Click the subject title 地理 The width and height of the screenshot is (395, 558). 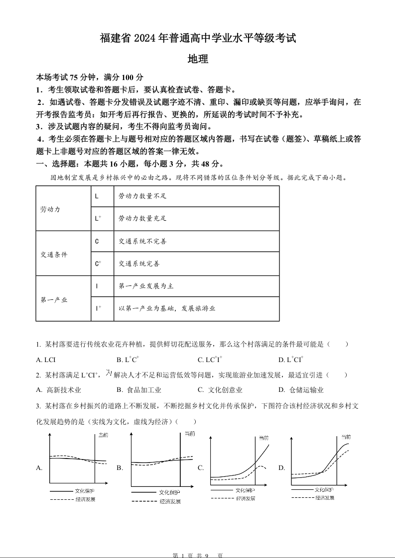click(198, 59)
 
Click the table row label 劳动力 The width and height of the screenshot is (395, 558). click(50, 209)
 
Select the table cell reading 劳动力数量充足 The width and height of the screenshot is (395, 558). click(142, 218)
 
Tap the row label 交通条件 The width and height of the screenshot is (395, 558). click(54, 255)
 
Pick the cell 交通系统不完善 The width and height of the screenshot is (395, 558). click(142, 241)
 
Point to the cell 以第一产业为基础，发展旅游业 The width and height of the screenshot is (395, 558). click(167, 308)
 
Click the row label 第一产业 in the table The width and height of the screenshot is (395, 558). click(54, 300)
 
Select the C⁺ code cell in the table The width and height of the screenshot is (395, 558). click(98, 264)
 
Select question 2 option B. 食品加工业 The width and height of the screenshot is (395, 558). click(139, 390)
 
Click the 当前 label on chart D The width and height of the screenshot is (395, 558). click(346, 437)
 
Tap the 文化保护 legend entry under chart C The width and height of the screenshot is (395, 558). click(246, 490)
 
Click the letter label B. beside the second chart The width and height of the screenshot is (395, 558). click(120, 468)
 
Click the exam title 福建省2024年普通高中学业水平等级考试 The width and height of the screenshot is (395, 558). click(198, 38)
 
